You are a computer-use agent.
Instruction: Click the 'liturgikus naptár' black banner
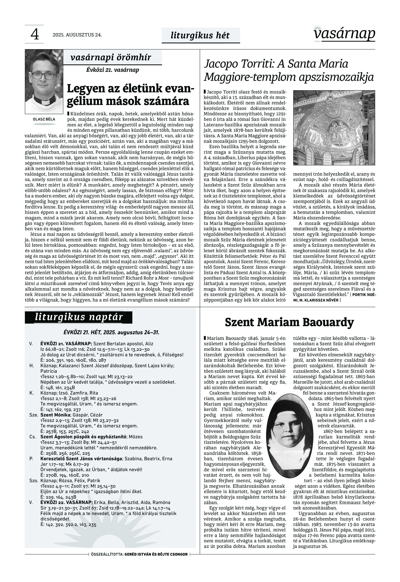pyautogui.click(x=79, y=317)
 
